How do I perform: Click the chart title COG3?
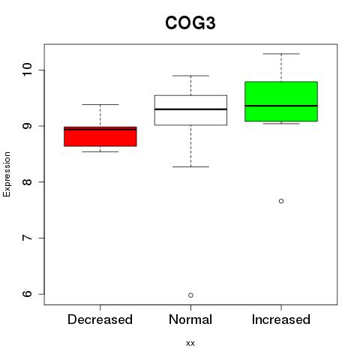[190, 23]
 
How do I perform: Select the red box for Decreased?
[100, 136]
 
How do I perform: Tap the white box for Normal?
[190, 110]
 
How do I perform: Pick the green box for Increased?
[281, 101]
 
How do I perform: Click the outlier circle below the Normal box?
[190, 295]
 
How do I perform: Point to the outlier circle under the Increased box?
[281, 201]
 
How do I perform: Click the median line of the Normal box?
[190, 109]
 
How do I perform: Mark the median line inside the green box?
[281, 106]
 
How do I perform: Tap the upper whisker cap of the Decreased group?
[100, 104]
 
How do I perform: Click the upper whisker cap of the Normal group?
[190, 76]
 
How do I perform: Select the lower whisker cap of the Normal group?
[190, 166]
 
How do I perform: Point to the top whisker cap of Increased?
[281, 54]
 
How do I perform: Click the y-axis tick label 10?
[28, 70]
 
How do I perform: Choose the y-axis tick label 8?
[28, 181]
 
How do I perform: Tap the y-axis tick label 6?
[28, 294]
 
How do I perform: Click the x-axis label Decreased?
[100, 319]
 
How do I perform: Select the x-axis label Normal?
[190, 319]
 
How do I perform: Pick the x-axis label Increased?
[281, 319]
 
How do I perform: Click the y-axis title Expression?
[7, 174]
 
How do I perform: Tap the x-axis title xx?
[190, 343]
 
